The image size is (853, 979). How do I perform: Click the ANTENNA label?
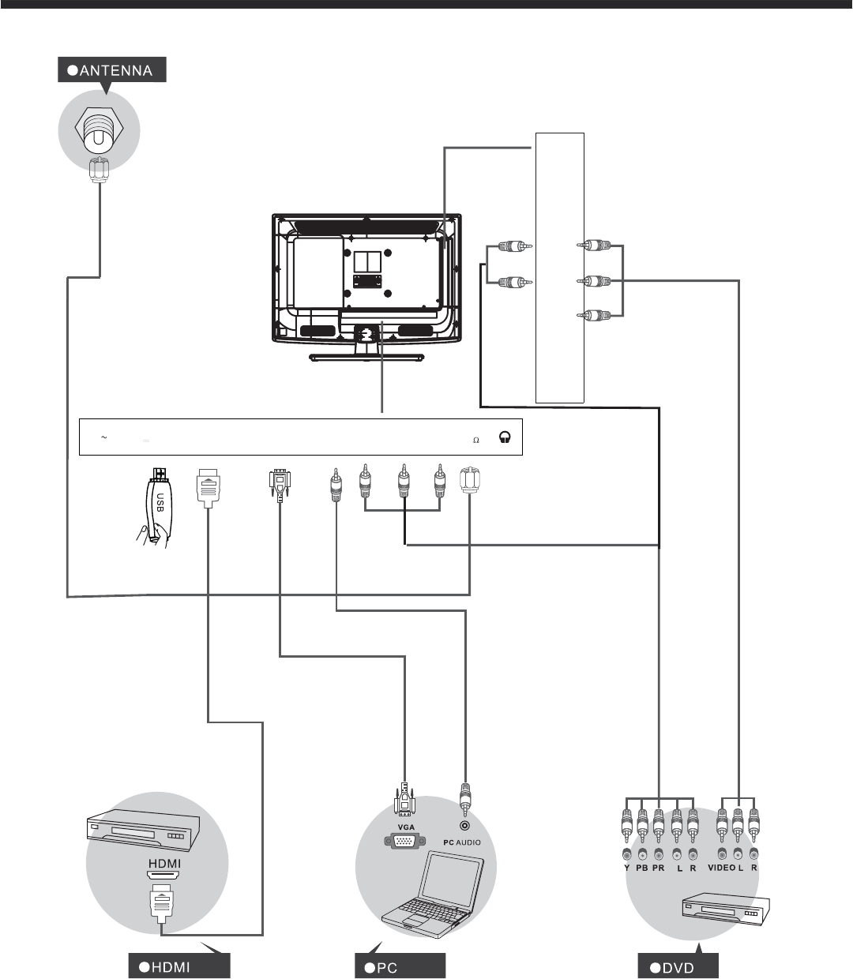[x=113, y=71]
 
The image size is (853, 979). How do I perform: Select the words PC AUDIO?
[x=462, y=842]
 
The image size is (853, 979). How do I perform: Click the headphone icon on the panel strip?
[x=505, y=440]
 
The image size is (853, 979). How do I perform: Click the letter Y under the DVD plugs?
[x=626, y=868]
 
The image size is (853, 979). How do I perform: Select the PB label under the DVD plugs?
[x=642, y=868]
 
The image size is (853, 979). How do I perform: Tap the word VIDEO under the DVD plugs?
[x=720, y=868]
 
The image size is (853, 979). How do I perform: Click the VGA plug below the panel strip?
[x=280, y=486]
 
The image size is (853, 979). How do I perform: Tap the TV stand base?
[x=364, y=358]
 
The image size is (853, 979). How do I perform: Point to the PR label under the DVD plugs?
[x=659, y=868]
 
